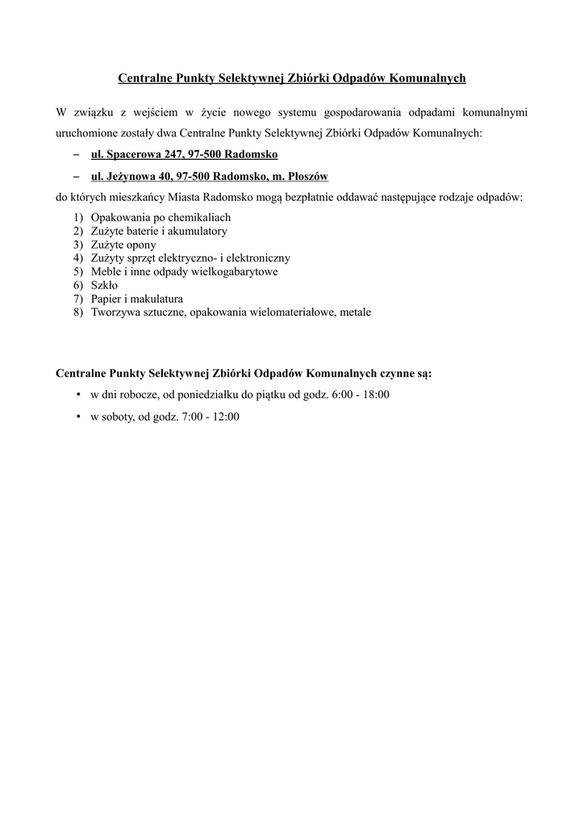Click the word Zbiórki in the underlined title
click(307, 78)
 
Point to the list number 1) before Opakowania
click(77, 217)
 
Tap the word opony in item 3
click(140, 245)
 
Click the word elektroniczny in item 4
click(256, 258)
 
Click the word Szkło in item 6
click(105, 285)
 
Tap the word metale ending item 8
click(355, 312)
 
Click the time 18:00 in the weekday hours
click(375, 395)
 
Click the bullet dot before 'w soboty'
click(77, 417)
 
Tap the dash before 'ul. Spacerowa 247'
click(76, 153)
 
